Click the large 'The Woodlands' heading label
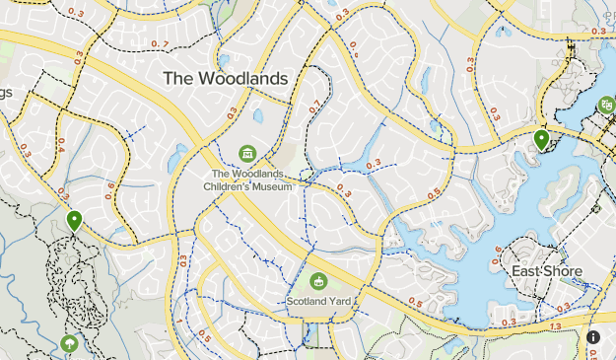click(x=225, y=78)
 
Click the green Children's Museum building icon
click(x=247, y=153)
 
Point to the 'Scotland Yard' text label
click(x=318, y=301)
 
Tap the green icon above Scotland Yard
click(x=318, y=282)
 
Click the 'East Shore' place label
click(x=547, y=271)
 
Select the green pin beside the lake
click(x=541, y=140)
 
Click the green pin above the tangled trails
click(x=75, y=220)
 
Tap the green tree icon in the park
click(x=69, y=343)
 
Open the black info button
click(x=593, y=337)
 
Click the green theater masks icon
click(x=605, y=106)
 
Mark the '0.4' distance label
click(x=60, y=146)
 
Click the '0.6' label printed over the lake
click(x=497, y=251)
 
